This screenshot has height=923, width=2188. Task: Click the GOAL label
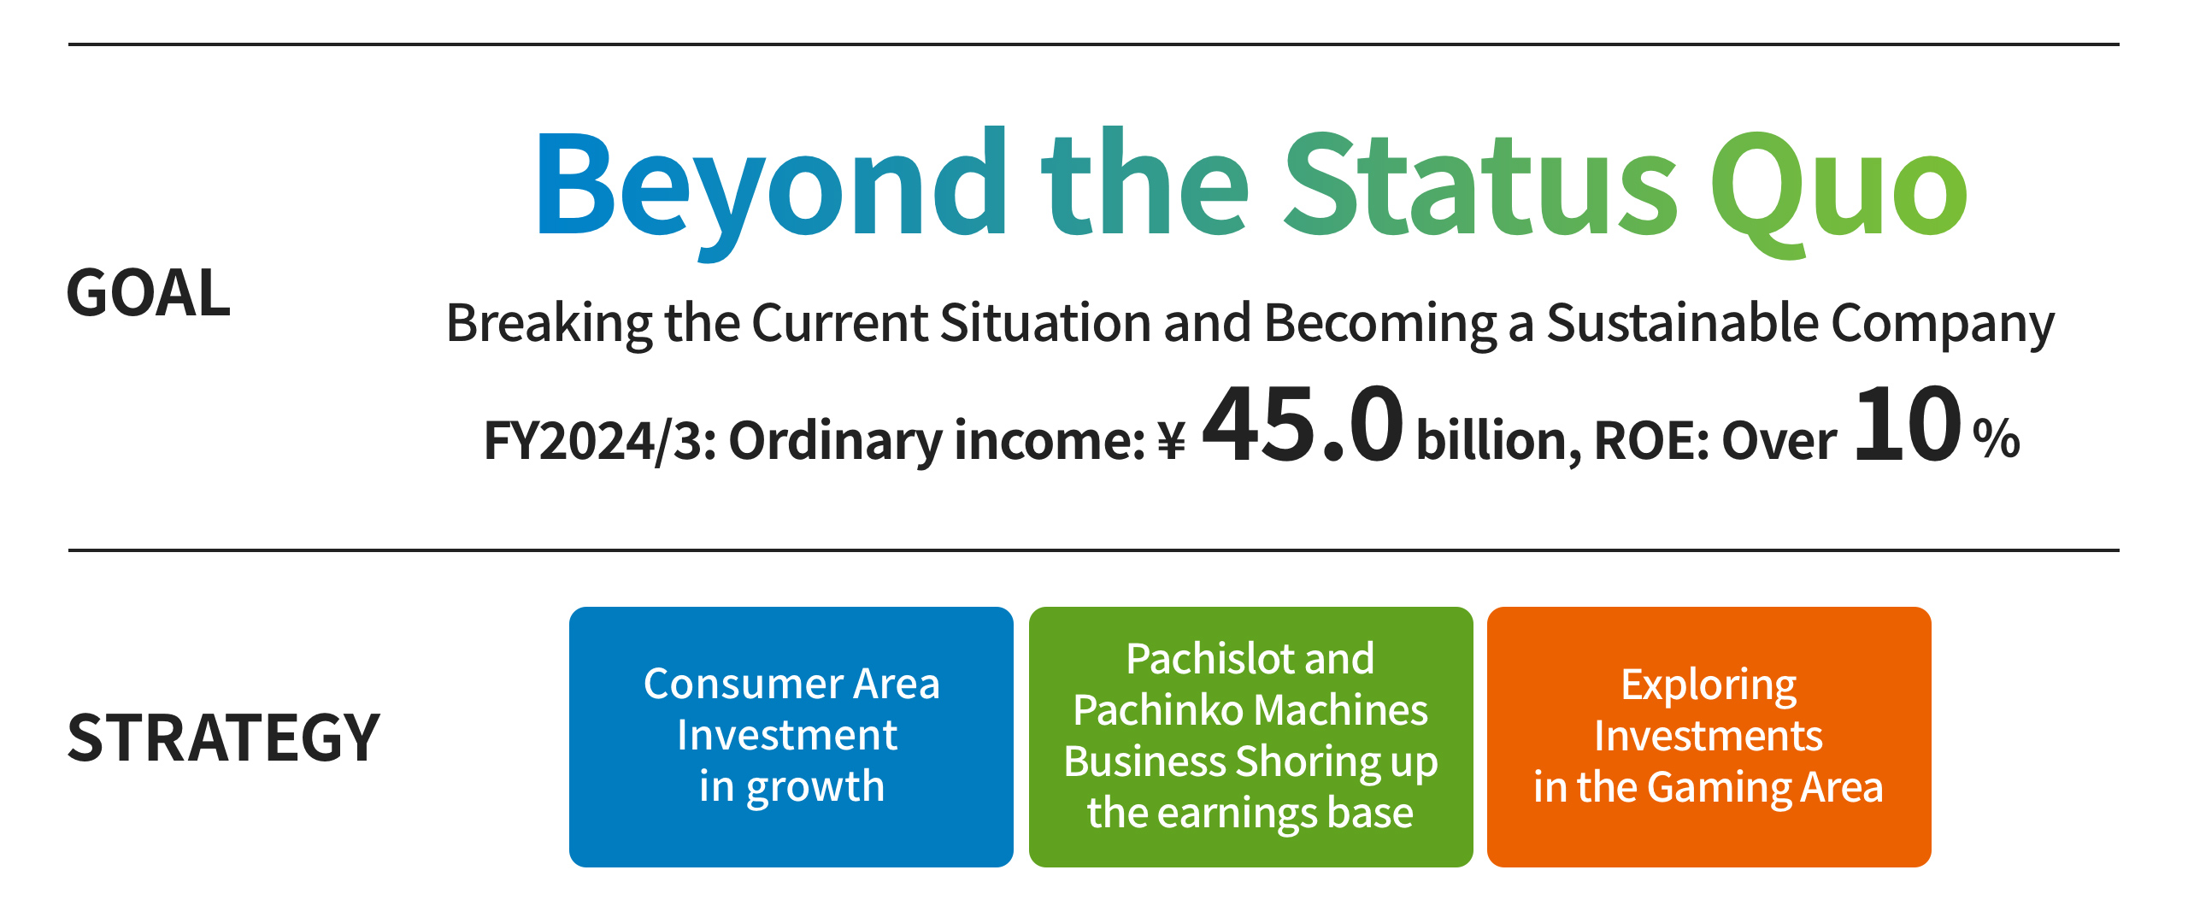pyautogui.click(x=149, y=293)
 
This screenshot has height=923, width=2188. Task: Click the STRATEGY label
pyautogui.click(x=224, y=738)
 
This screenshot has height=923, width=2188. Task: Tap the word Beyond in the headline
pyautogui.click(x=772, y=192)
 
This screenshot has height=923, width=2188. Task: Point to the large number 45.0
pyautogui.click(x=1303, y=425)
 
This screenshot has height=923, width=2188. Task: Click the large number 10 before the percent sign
pyautogui.click(x=1908, y=425)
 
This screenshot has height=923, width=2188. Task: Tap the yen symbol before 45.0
pyautogui.click(x=1171, y=441)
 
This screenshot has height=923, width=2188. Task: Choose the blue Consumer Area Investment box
pyautogui.click(x=791, y=737)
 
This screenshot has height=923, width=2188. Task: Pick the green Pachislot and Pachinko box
pyautogui.click(x=1251, y=737)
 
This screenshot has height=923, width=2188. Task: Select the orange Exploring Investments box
pyautogui.click(x=1709, y=737)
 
